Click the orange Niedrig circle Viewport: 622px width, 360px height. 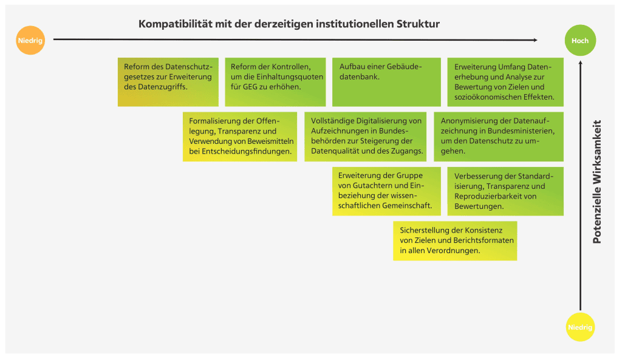pos(30,40)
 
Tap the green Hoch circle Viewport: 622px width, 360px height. pos(580,41)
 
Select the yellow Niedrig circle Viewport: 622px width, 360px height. pos(580,327)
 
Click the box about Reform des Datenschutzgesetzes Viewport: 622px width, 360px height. pos(168,82)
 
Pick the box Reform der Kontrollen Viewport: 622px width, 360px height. pos(275,82)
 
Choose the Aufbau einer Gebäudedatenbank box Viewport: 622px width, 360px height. pos(386,82)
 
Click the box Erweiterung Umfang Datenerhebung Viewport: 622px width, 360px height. pos(505,82)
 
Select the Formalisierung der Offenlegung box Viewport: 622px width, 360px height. pos(240,137)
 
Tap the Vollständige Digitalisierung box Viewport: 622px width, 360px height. pos(365,137)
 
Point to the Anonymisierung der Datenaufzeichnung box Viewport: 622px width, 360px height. pos(499,137)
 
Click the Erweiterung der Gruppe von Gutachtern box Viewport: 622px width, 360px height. pos(386,191)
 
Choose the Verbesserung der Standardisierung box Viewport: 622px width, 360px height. pos(505,191)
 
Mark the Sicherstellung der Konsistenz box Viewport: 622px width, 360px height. pos(455,240)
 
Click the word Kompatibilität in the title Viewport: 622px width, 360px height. pos(176,24)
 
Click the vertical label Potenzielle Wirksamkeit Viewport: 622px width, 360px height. pos(596,182)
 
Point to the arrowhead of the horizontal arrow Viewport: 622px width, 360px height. pos(536,40)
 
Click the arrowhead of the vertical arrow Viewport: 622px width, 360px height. pos(580,63)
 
